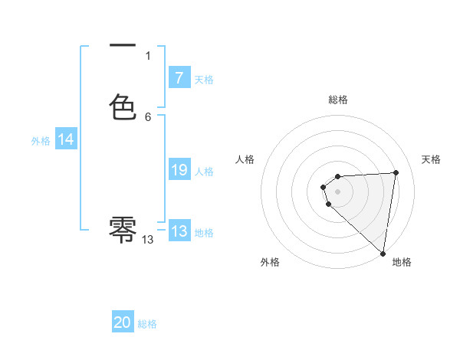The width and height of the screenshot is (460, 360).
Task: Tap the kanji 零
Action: (x=123, y=228)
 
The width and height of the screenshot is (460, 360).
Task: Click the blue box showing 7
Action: (x=179, y=77)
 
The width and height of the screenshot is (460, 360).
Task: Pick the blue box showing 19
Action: (x=179, y=171)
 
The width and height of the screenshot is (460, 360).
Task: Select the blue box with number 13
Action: (x=179, y=231)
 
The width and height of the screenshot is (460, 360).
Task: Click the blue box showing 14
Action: (x=66, y=139)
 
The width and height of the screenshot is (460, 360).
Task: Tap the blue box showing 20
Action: (x=123, y=322)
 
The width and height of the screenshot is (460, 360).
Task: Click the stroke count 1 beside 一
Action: (x=148, y=56)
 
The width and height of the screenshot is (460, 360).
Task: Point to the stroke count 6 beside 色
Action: (x=148, y=117)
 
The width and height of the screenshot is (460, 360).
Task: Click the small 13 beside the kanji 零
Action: (x=148, y=240)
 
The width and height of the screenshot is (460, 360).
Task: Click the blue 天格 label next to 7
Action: (x=204, y=80)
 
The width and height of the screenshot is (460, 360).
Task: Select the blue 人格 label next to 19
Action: (x=204, y=172)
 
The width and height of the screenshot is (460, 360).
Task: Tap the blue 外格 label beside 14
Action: (x=41, y=141)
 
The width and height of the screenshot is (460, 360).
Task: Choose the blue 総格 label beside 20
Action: (x=147, y=324)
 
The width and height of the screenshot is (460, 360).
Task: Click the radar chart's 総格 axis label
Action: (x=338, y=100)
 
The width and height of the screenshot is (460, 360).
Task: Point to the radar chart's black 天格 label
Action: (x=431, y=159)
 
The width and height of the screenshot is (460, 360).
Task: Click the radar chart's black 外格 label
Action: (x=270, y=263)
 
